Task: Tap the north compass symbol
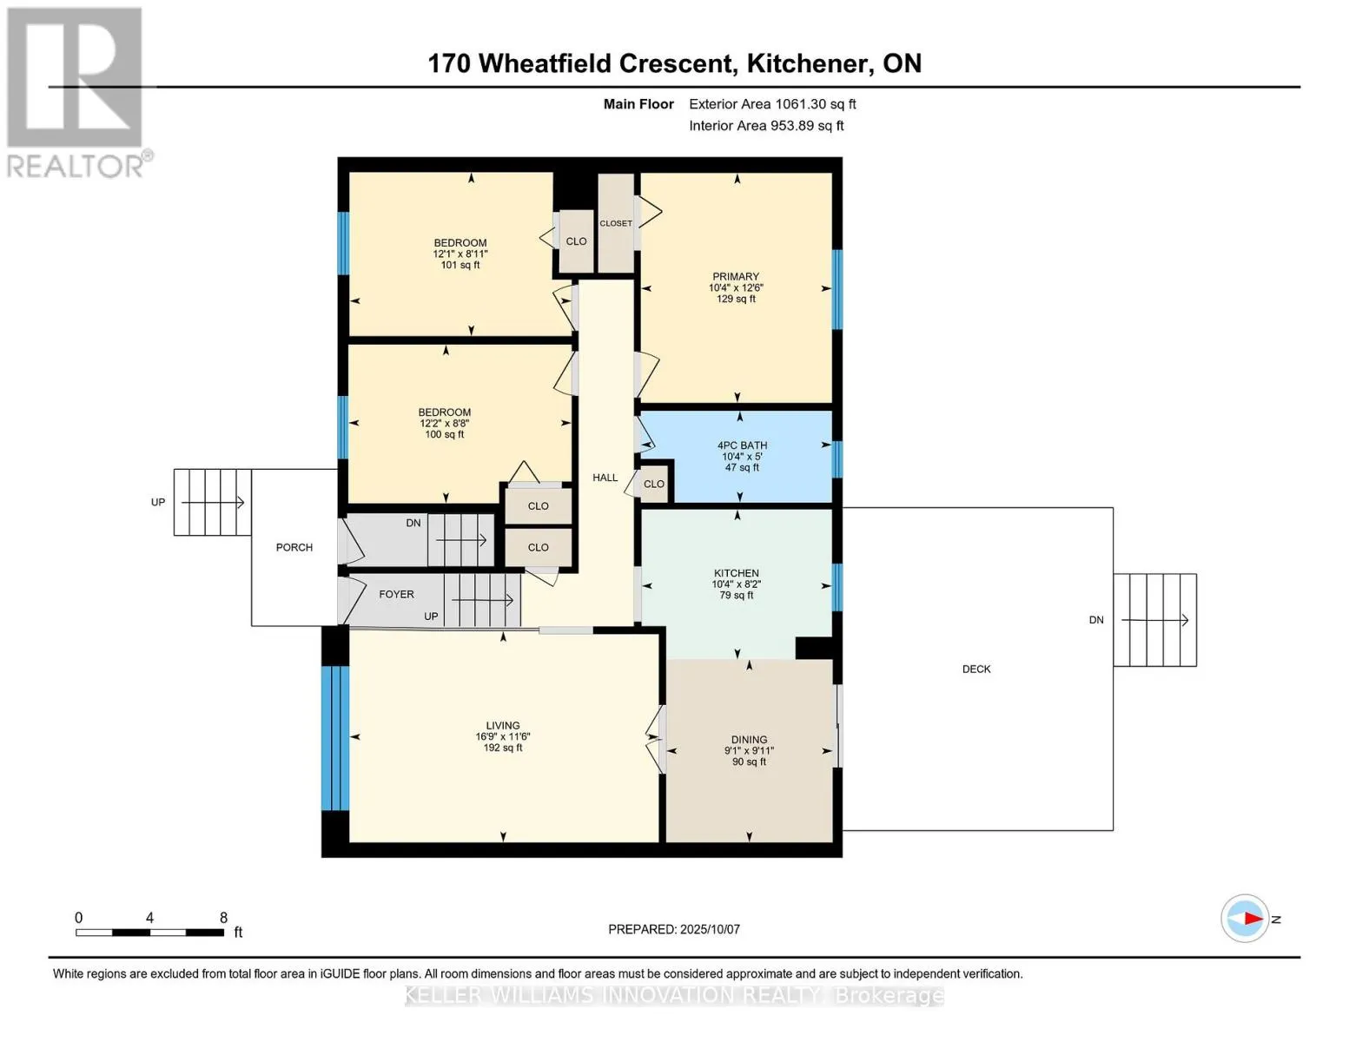tap(1246, 919)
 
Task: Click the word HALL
tap(605, 478)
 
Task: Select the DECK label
tap(976, 669)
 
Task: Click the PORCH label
tap(294, 547)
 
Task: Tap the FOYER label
tap(396, 594)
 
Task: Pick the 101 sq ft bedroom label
tap(460, 254)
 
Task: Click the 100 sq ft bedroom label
tap(445, 423)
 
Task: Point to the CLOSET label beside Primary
tap(616, 223)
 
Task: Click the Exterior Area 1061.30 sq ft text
tap(772, 104)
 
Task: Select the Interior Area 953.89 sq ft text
tap(766, 126)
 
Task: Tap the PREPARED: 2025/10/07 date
tap(674, 929)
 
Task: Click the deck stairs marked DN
tap(1154, 620)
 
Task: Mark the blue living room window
tap(335, 738)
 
